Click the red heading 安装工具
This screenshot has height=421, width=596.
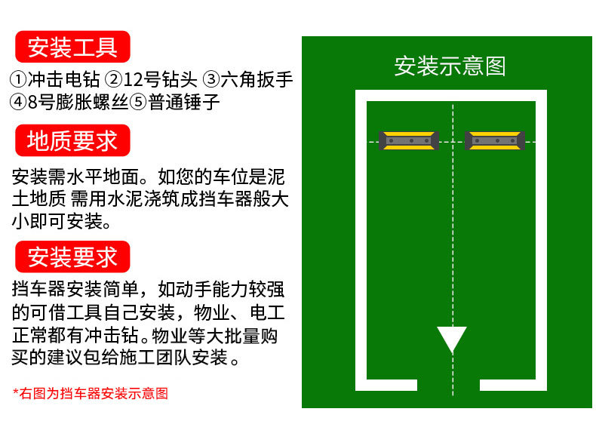(72, 47)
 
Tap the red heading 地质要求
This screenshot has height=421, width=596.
(72, 141)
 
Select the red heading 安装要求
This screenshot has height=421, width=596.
(72, 257)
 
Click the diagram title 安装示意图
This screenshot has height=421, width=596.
(450, 66)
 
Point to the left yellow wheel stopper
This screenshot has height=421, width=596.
(409, 140)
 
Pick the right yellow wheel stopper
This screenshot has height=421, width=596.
(494, 140)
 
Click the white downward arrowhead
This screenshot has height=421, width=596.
(452, 339)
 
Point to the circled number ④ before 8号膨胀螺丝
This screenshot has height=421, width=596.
(19, 102)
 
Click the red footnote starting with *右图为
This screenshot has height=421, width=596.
(91, 393)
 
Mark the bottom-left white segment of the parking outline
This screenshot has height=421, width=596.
(387, 385)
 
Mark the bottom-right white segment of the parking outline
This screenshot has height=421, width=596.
(513, 385)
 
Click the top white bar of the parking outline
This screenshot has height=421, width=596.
(451, 96)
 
